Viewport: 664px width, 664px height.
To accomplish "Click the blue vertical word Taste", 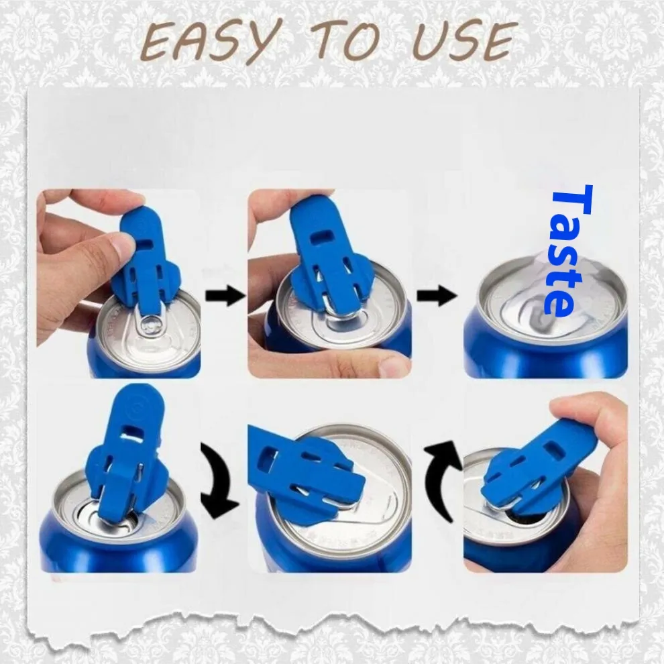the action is pos(563,250).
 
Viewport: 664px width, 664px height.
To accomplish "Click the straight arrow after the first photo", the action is pos(225,295).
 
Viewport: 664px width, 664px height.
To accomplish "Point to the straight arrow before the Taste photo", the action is pos(437,295).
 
